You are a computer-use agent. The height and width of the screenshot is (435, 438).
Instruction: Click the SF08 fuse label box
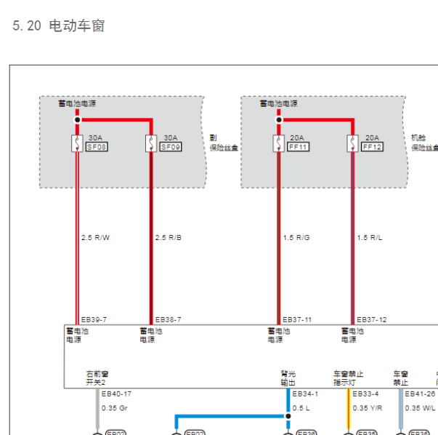97,146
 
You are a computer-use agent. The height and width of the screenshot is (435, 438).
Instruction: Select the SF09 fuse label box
171,146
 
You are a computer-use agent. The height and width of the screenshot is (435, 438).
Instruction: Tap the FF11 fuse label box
298,146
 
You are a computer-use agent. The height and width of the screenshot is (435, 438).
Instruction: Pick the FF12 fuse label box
372,146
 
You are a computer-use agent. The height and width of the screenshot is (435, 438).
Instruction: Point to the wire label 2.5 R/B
169,237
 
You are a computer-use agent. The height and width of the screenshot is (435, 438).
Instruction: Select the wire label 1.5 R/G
296,237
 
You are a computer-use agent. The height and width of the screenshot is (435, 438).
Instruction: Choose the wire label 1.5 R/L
370,237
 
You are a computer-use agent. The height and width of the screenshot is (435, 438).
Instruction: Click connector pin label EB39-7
94,319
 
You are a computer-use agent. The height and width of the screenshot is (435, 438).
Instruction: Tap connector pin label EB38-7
168,319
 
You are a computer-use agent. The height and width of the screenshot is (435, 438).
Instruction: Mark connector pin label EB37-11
297,319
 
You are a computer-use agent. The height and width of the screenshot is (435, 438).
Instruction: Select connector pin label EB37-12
371,319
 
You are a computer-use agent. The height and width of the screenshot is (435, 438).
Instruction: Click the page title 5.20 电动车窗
59,26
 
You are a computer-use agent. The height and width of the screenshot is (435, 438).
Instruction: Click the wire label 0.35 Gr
114,408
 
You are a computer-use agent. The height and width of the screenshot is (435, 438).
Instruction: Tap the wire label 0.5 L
301,408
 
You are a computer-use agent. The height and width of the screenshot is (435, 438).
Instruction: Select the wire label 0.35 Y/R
367,408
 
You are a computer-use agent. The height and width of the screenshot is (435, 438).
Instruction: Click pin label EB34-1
305,394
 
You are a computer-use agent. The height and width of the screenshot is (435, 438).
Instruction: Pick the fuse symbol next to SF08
76,143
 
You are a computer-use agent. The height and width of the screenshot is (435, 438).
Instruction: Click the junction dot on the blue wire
288,417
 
